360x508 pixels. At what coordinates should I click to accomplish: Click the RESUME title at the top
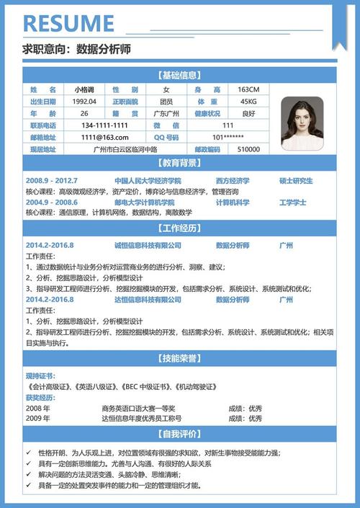coord(70,22)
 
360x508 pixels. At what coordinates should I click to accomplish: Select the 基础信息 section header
coord(180,75)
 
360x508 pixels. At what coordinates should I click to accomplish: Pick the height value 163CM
coord(248,89)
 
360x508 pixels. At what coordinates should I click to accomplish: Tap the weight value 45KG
coord(248,102)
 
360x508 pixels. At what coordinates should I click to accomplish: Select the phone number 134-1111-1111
coord(104,125)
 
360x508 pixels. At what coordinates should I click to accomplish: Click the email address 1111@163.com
coord(104,137)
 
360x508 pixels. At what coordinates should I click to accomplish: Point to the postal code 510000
coord(248,149)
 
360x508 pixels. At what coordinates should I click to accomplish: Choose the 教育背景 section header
coord(180,164)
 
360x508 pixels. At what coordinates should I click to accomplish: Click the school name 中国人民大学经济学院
coord(148,180)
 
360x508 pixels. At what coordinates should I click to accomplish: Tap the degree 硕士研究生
coord(296,180)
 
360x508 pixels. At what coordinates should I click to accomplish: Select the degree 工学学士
coord(292,202)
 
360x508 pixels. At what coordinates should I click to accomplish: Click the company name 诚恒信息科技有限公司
coord(148,246)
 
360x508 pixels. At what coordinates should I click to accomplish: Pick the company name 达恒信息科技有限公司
coord(148,299)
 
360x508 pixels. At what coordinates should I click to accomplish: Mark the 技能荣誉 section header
coord(180,358)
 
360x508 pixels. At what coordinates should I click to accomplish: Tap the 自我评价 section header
coord(180,435)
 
